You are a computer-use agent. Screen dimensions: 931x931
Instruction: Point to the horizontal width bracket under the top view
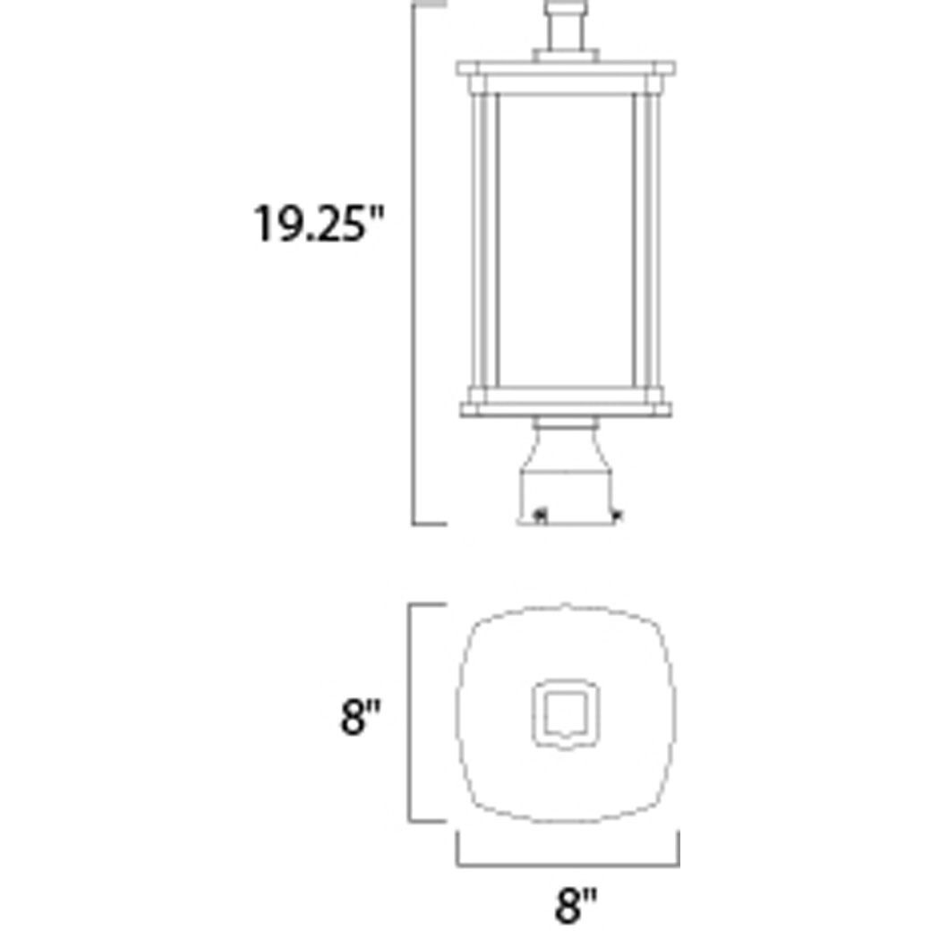568,866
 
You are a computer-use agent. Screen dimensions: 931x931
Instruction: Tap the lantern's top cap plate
567,69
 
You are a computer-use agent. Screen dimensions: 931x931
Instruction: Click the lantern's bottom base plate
566,408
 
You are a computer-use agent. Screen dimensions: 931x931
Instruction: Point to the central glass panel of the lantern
566,242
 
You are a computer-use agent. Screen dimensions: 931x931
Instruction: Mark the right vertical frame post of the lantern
646,242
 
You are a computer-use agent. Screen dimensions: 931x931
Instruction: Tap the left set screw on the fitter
539,516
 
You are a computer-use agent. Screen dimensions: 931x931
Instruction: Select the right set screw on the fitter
616,515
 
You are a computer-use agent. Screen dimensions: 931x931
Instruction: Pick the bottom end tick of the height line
429,523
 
